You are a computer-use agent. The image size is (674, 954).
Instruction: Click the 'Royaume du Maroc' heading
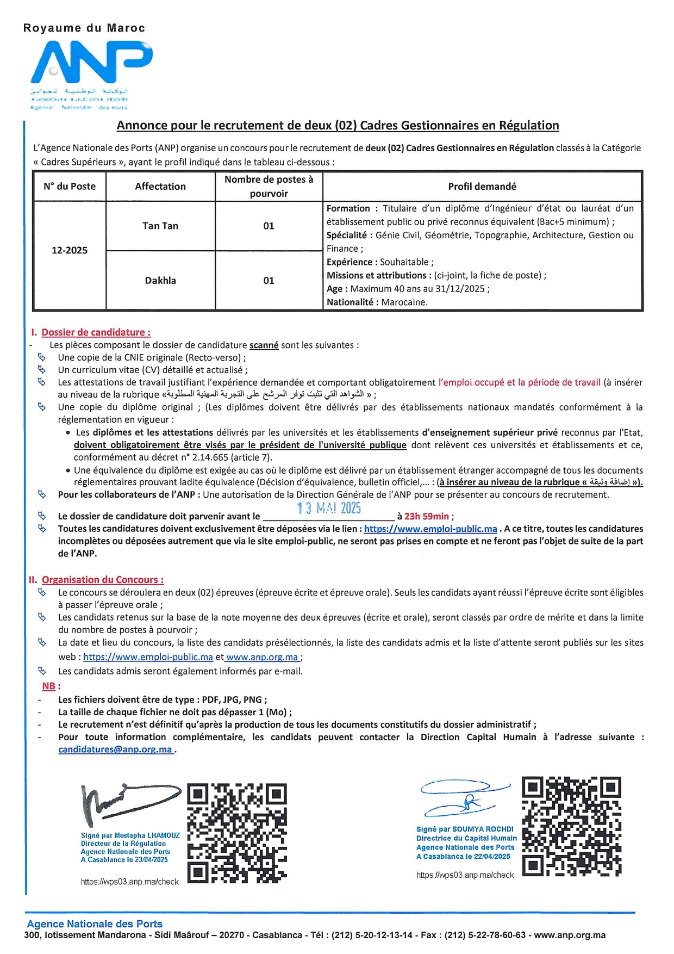coord(84,28)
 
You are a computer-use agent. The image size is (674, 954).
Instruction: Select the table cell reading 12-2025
coord(70,250)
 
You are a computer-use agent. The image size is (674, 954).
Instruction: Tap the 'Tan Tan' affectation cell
coord(160,226)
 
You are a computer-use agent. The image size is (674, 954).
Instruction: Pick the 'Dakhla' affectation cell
coord(160,281)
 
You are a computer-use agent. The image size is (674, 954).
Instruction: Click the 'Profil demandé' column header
coord(482,187)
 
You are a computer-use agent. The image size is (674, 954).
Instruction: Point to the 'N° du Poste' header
coord(70,187)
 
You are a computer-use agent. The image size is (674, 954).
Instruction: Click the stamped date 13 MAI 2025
coord(329,508)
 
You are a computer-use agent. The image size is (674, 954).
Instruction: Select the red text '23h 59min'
coord(427,516)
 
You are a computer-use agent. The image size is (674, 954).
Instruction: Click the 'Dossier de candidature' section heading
coord(96,332)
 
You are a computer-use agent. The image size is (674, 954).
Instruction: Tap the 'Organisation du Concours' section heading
coord(102,580)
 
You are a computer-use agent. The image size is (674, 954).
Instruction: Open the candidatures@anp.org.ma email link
coord(115,749)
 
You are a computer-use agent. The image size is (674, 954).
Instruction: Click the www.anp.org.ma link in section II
coord(263,657)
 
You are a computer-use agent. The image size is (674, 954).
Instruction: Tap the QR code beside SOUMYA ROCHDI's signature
coord(571,826)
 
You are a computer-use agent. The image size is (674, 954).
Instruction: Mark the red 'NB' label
coord(49,686)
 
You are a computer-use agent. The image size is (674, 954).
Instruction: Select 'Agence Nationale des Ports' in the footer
coord(95,924)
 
